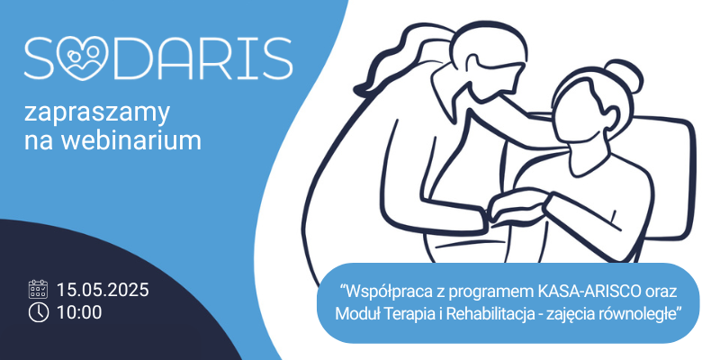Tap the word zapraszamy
coord(97,113)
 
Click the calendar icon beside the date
coord(38,289)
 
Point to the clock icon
coord(38,312)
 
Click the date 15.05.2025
coord(103,290)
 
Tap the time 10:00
coord(79,312)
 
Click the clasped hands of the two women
coord(517,209)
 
